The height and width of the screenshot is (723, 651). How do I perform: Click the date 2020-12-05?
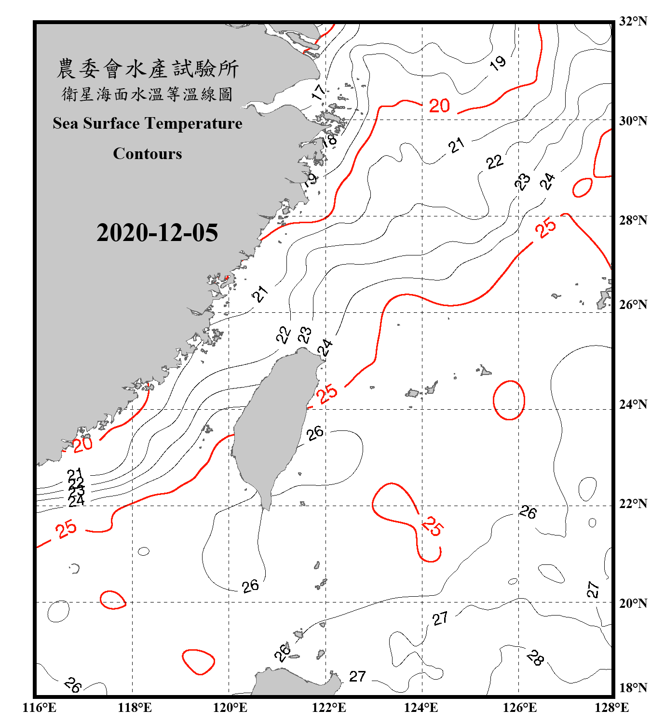pyautogui.click(x=157, y=233)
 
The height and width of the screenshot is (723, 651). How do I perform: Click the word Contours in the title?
pyautogui.click(x=148, y=154)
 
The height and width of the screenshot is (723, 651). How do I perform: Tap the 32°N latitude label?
pyautogui.click(x=633, y=21)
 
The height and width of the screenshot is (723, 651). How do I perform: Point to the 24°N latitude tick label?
pyautogui.click(x=633, y=404)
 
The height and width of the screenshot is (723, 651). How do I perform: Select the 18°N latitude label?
pyautogui.click(x=633, y=688)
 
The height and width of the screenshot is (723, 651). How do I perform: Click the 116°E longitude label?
pyautogui.click(x=40, y=708)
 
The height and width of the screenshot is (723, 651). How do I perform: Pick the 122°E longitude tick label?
pyautogui.click(x=329, y=708)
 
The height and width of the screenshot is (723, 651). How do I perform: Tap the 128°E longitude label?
pyautogui.click(x=611, y=708)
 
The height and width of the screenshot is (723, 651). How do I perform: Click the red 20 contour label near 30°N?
pyautogui.click(x=439, y=106)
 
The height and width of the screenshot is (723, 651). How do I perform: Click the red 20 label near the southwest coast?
pyautogui.click(x=82, y=444)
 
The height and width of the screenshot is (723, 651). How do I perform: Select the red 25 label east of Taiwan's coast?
pyautogui.click(x=328, y=393)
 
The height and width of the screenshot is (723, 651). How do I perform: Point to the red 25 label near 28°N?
pyautogui.click(x=545, y=228)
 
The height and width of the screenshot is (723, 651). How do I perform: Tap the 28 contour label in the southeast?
pyautogui.click(x=535, y=657)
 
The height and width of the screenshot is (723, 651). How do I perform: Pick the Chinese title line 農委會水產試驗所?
pyautogui.click(x=148, y=69)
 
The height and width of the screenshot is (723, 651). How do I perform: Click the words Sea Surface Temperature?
pyautogui.click(x=148, y=123)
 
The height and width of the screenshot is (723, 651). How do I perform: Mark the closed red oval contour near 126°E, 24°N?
pyautogui.click(x=509, y=400)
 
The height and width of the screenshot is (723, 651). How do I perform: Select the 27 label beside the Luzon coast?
pyautogui.click(x=357, y=677)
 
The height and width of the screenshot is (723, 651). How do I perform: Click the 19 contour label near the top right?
pyautogui.click(x=498, y=63)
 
